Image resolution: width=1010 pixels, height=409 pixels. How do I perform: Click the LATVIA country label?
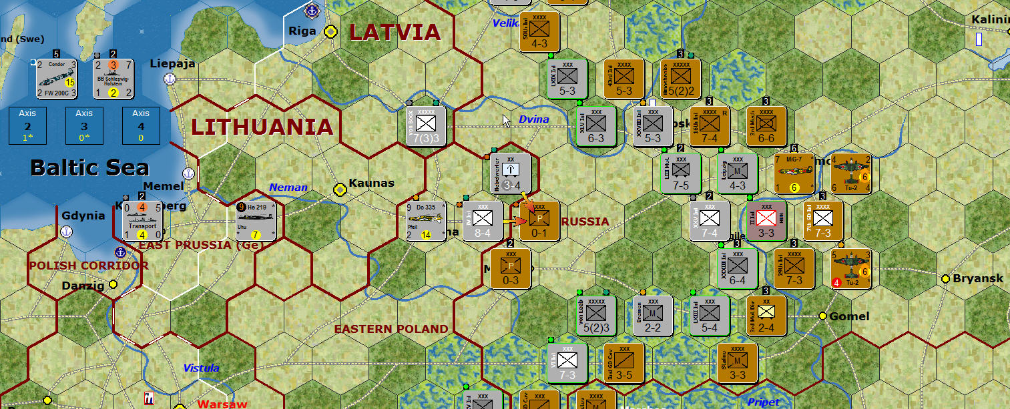[x=395, y=32]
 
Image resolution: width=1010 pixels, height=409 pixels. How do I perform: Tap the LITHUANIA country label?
[x=262, y=127]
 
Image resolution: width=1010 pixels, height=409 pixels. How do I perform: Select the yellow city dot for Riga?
[x=330, y=31]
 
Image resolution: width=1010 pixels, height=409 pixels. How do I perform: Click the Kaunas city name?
[x=371, y=183]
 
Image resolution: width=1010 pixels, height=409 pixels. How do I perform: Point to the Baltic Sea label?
[x=89, y=167]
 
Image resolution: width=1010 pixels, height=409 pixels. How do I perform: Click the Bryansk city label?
[x=977, y=278]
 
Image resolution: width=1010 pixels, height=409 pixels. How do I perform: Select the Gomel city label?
[x=849, y=316]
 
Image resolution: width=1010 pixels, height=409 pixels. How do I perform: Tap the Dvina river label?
[x=534, y=119]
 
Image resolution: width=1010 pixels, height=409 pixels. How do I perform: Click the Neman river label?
[x=288, y=187]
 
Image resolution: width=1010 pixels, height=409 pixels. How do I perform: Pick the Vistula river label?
[x=201, y=368]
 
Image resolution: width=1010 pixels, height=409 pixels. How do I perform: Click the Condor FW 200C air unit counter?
[x=56, y=79]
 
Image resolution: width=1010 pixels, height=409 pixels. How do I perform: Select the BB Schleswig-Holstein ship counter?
[x=113, y=79]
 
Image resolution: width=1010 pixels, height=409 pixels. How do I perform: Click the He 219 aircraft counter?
[x=257, y=221]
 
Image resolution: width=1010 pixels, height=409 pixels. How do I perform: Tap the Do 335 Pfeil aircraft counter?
[x=425, y=221]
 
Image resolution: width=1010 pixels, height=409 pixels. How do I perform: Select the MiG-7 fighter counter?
[x=794, y=173]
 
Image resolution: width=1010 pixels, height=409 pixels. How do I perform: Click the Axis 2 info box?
[x=27, y=125]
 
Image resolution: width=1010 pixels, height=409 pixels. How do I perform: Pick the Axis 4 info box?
[x=141, y=125]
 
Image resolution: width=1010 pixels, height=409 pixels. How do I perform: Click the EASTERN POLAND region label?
[x=391, y=329]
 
